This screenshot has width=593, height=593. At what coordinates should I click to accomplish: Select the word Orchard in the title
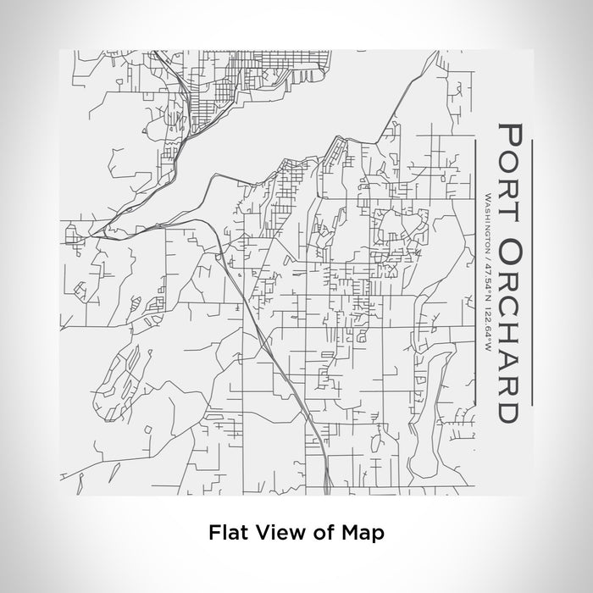[509, 330]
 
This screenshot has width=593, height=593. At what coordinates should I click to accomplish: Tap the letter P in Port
[509, 136]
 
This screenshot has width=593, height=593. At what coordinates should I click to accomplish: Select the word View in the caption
[274, 533]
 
